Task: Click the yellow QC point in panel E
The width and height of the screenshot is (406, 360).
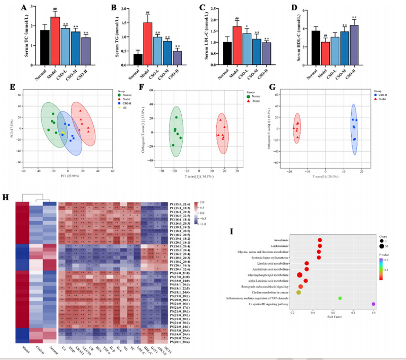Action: pyautogui.click(x=63, y=133)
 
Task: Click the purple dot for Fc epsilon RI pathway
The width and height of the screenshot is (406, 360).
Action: pyautogui.click(x=373, y=304)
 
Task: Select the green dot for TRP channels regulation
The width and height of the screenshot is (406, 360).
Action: pyautogui.click(x=340, y=299)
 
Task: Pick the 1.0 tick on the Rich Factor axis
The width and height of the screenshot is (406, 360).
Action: pyautogui.click(x=373, y=313)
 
